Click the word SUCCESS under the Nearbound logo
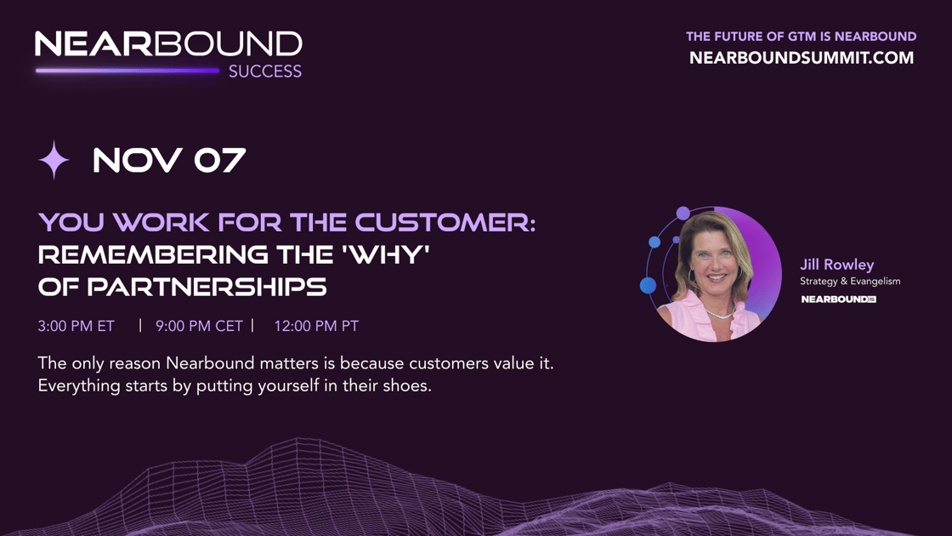point(264,71)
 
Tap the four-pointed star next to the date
point(54,160)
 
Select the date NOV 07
point(169,161)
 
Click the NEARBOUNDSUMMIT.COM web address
point(802,58)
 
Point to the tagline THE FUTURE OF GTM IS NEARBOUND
point(801,37)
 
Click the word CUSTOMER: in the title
point(445,222)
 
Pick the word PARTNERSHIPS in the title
point(207,287)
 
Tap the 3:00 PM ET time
point(76,327)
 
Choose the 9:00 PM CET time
point(199,327)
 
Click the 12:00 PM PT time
point(316,327)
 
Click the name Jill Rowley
point(836,265)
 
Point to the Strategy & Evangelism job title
point(850,282)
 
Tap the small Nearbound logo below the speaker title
point(838,299)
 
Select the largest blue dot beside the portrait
point(648,285)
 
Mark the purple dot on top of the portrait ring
point(683,214)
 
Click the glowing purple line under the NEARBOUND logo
point(127,71)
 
